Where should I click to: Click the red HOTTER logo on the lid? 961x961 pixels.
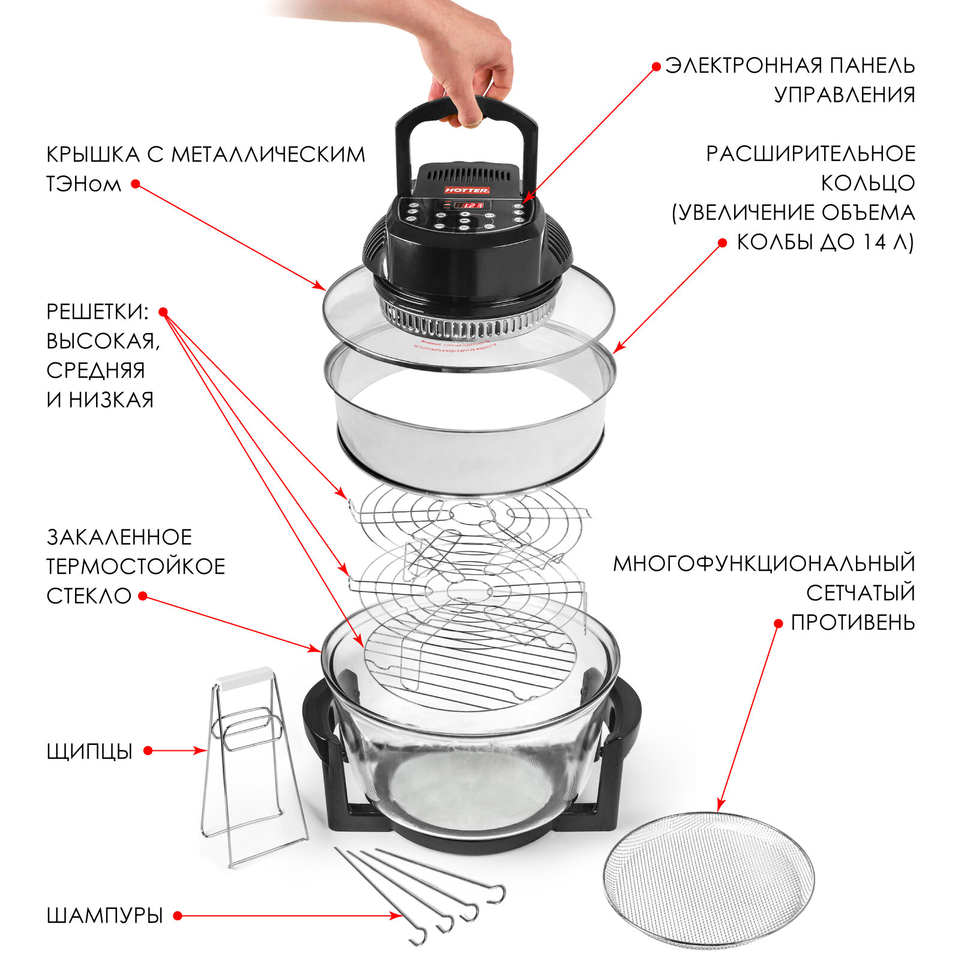[467, 190]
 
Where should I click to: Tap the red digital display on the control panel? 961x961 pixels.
[468, 205]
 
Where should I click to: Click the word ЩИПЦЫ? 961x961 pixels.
[89, 751]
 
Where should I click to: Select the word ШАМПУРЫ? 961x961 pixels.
[104, 915]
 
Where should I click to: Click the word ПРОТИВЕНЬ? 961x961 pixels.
[852, 622]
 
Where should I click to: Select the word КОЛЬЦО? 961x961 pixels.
[867, 183]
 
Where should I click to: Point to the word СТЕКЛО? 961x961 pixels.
[89, 596]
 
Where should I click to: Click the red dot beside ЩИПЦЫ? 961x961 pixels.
[148, 750]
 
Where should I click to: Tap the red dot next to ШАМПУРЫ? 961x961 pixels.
[178, 915]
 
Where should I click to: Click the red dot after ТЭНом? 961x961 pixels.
[136, 184]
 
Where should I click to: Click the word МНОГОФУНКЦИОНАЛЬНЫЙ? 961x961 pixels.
[764, 564]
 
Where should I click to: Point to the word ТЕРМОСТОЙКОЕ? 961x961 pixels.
[136, 566]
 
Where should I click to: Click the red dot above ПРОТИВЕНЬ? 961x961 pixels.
[778, 624]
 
